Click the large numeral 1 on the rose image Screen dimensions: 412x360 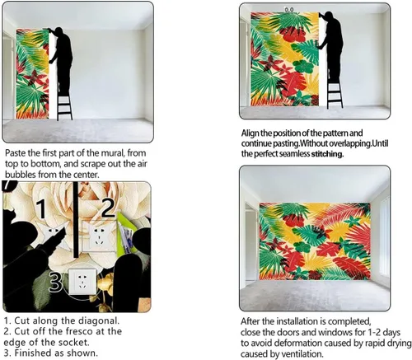[42, 208]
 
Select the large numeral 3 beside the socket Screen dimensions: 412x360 [55, 281]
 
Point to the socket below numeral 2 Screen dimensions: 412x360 [98, 236]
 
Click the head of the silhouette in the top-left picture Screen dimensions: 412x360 [59, 30]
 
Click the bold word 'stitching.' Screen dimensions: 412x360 [327, 154]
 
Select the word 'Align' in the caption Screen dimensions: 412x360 [250, 133]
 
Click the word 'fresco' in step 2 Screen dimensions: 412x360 [80, 331]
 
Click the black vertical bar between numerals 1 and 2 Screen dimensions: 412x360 [76, 220]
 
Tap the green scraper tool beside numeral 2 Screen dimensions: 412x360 [126, 232]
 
